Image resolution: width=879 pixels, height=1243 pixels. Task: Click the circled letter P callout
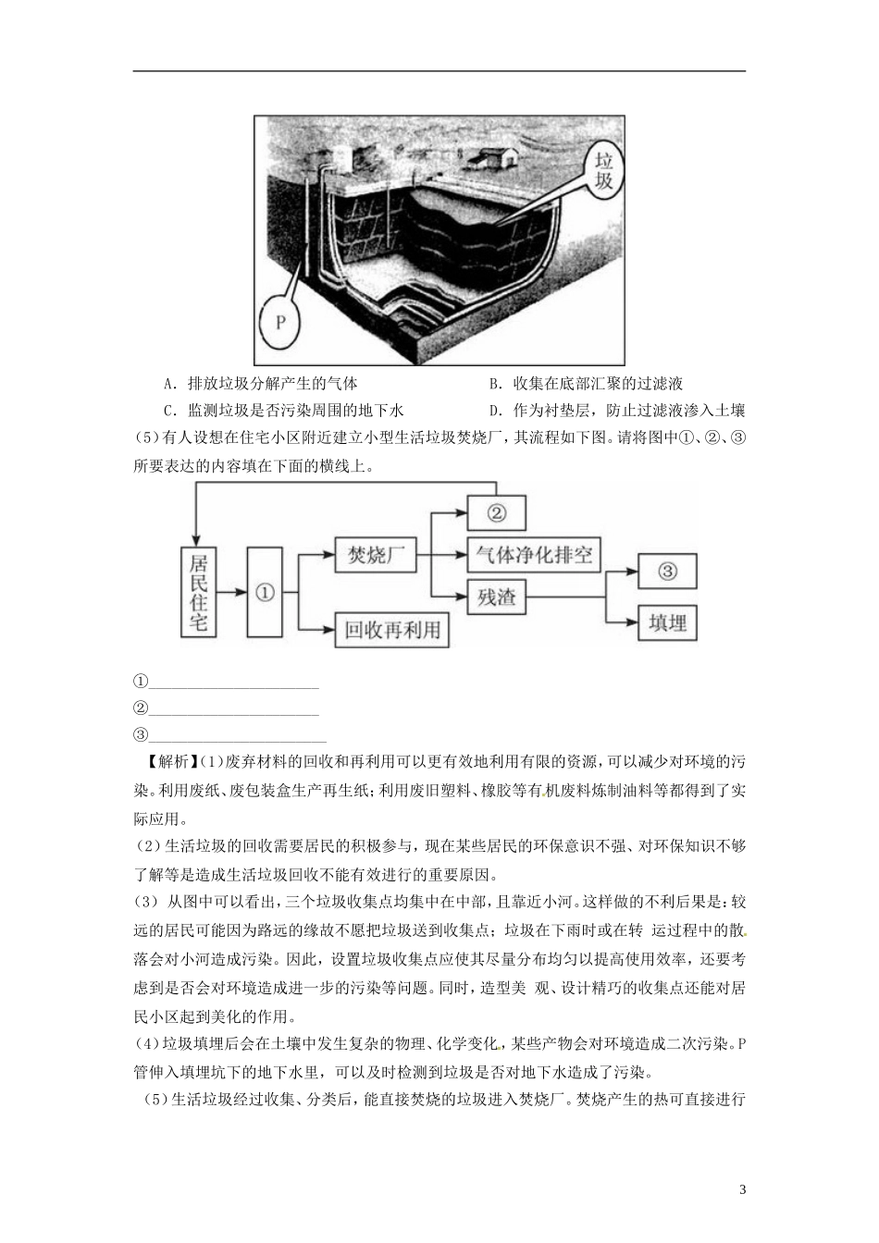[282, 321]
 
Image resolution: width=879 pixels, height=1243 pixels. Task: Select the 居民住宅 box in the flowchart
[198, 593]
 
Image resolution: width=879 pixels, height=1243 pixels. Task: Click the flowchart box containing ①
[265, 593]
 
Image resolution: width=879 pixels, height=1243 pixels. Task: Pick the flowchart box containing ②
[496, 511]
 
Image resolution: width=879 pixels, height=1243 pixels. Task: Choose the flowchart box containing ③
[667, 572]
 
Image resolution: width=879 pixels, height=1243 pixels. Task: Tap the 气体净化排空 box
[534, 556]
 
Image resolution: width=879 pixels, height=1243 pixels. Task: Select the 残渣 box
[496, 597]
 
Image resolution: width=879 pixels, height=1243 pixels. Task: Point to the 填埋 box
[667, 622]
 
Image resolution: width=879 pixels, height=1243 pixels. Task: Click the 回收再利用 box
[391, 631]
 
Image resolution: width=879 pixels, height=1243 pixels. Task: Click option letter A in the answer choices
[168, 384]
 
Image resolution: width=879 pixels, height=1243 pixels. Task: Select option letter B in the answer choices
[494, 384]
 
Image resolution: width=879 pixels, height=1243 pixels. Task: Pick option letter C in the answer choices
[168, 412]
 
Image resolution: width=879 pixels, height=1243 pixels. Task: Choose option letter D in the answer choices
[494, 412]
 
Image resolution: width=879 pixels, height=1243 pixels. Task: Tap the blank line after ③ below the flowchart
[237, 737]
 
